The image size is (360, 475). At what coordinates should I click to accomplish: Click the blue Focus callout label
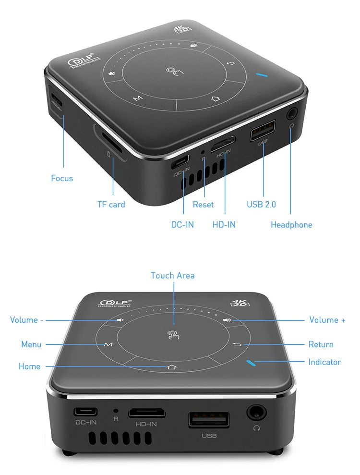click(x=62, y=178)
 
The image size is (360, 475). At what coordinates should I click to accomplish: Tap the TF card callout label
click(x=111, y=205)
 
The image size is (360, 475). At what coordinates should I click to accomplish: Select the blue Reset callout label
click(x=203, y=205)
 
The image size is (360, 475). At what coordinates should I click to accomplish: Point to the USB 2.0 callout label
click(x=261, y=205)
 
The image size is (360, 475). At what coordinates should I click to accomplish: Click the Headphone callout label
click(x=291, y=225)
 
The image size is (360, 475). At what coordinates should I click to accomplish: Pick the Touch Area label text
click(x=173, y=276)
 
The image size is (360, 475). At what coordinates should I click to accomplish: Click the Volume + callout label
click(x=327, y=320)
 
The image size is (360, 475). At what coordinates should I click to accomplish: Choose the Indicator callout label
click(x=324, y=362)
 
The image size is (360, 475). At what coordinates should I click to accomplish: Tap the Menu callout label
click(x=31, y=344)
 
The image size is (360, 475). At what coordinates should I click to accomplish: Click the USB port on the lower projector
click(x=209, y=420)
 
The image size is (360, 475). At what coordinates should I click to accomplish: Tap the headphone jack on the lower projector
click(x=256, y=412)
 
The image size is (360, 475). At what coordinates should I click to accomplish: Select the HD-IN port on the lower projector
click(x=147, y=413)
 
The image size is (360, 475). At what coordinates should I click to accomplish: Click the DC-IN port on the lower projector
click(x=86, y=412)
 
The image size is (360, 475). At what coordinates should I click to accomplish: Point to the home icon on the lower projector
click(x=172, y=367)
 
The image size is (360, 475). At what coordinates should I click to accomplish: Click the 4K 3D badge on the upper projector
click(x=182, y=29)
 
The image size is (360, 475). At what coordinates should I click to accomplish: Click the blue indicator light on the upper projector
click(x=262, y=75)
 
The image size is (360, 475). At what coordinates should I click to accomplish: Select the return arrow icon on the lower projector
click(x=238, y=345)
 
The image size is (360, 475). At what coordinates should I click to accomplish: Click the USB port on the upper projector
click(x=263, y=131)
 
